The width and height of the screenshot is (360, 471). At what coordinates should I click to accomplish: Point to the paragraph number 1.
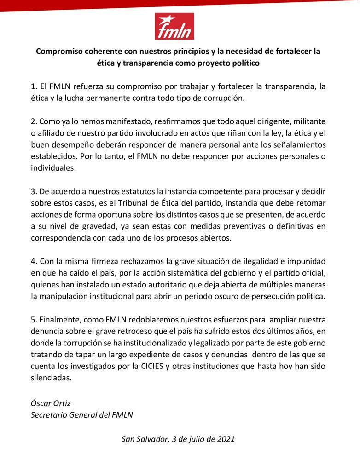(x=33, y=86)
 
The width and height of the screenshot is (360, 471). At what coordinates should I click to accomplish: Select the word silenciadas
(x=52, y=378)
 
